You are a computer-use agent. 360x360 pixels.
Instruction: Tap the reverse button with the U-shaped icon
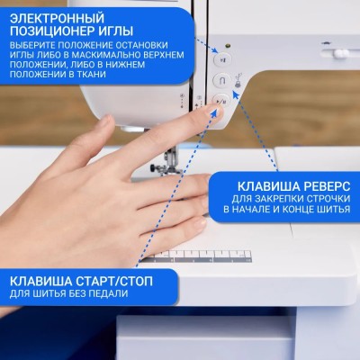[222, 81]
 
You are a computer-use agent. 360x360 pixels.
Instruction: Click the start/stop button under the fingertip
[220, 101]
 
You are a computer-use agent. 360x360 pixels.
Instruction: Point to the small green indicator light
[228, 46]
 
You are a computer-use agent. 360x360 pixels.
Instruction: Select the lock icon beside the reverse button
[238, 85]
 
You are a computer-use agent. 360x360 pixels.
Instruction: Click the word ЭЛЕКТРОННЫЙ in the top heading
[57, 18]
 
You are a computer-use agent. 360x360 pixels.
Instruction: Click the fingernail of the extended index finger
[219, 112]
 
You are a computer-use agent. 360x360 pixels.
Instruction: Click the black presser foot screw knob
[154, 166]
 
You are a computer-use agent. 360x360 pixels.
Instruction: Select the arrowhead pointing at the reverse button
[236, 95]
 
